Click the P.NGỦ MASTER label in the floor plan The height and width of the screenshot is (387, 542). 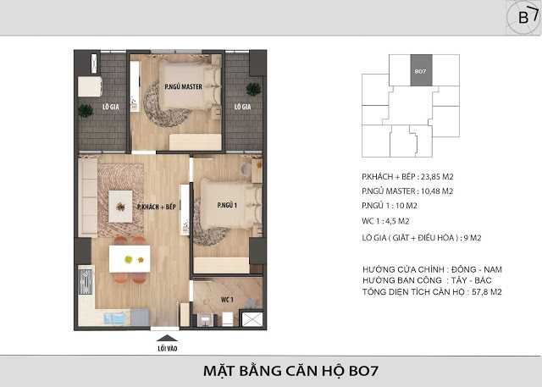tap(180, 86)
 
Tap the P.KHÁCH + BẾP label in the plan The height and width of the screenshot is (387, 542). tap(157, 207)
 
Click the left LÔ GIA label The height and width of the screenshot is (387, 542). tap(110, 108)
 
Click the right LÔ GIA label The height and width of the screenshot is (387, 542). tap(242, 108)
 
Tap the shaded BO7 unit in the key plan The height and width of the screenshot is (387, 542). tap(421, 72)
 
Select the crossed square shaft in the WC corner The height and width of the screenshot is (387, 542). tap(250, 320)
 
